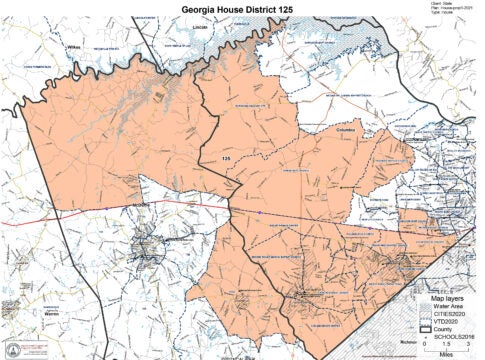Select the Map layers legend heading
pos(448,297)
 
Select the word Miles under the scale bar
pos(457,355)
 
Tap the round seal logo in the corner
pos(13,349)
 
